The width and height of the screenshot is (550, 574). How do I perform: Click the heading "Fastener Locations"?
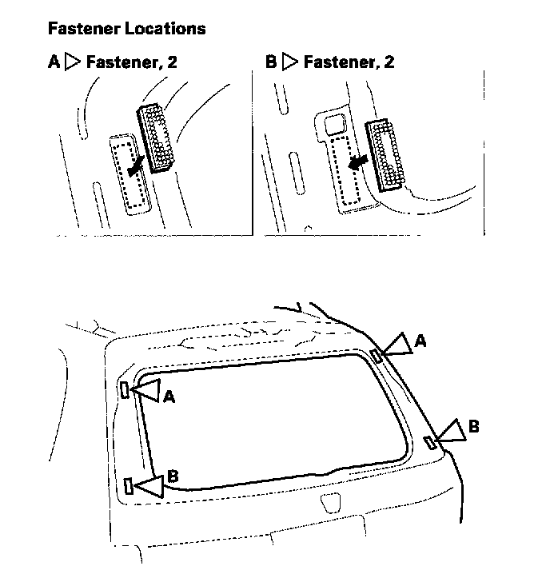pyautogui.click(x=126, y=29)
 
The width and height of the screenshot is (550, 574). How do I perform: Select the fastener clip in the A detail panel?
pyautogui.click(x=158, y=137)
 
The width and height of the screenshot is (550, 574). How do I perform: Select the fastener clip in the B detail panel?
pyautogui.click(x=389, y=154)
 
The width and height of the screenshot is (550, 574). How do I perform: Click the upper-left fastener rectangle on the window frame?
pyautogui.click(x=125, y=389)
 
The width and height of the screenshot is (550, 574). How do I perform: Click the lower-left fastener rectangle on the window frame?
pyautogui.click(x=129, y=484)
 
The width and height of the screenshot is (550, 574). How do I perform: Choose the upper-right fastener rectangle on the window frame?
pyautogui.click(x=376, y=356)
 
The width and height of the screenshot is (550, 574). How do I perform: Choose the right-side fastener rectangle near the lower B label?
pyautogui.click(x=430, y=442)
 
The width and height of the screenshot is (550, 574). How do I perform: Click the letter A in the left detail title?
pyautogui.click(x=53, y=62)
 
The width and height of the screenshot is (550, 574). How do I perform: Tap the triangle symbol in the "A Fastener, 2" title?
pyautogui.click(x=74, y=62)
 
